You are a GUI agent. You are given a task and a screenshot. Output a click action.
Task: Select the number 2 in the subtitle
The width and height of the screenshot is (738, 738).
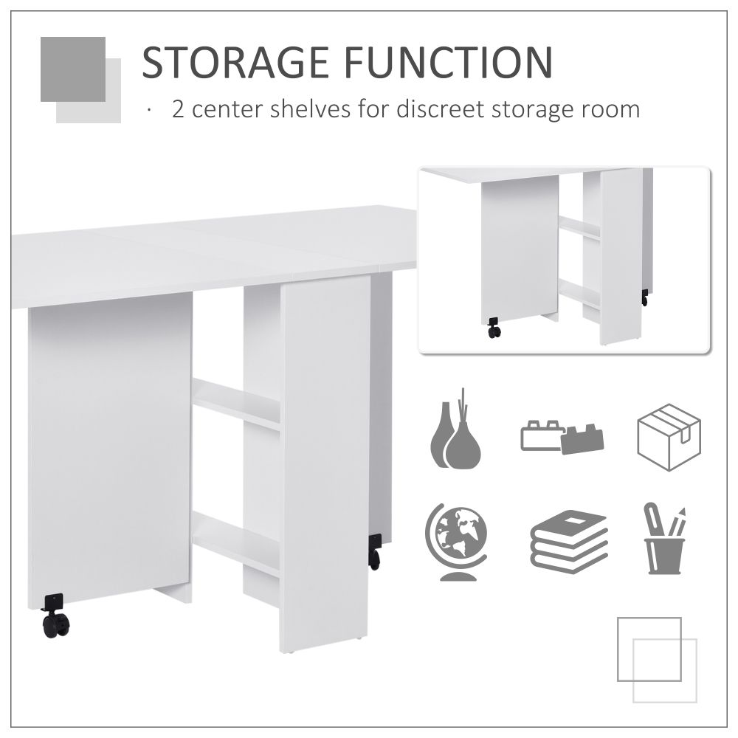point(178,110)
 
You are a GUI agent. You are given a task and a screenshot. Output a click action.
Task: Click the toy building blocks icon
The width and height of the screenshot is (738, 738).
point(562,437)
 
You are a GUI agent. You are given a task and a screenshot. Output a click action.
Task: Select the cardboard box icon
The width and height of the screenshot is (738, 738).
point(669,437)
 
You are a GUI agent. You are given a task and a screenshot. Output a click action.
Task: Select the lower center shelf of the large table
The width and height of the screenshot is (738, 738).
point(236,542)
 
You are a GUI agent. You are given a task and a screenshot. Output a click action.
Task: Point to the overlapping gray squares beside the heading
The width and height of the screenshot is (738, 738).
point(80,79)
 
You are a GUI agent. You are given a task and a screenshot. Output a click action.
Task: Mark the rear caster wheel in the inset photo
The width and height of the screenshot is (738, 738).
point(645,298)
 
